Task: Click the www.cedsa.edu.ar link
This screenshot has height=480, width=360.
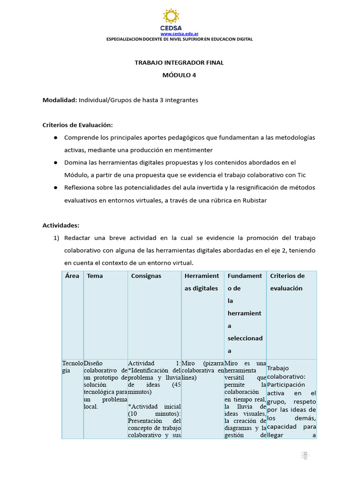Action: [x=180, y=34]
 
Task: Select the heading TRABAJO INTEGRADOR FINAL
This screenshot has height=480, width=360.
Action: [x=180, y=62]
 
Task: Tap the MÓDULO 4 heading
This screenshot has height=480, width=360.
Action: [x=180, y=75]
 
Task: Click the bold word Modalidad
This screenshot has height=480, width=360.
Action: [x=60, y=100]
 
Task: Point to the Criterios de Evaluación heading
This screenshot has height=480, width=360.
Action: [x=78, y=125]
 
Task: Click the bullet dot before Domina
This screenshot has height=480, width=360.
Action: [x=55, y=163]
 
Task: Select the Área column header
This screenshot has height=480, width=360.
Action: [x=72, y=276]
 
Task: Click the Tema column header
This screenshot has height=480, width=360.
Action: [x=95, y=276]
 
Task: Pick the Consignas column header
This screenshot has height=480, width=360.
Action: [x=146, y=276]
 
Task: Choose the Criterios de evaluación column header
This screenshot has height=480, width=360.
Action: [x=287, y=282]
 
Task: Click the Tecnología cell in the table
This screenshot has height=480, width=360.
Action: [x=72, y=367]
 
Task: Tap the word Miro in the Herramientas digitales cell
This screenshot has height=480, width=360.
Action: [x=189, y=363]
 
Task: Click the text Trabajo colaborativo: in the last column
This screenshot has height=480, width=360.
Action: [x=286, y=372]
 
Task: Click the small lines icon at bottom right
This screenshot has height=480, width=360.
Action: [x=305, y=456]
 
